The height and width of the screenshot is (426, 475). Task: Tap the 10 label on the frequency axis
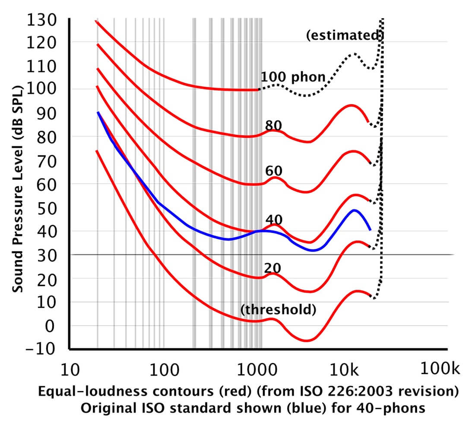[x=70, y=370]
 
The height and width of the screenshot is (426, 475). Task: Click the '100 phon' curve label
[x=293, y=77]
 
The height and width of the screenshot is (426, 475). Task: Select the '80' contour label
[x=273, y=125]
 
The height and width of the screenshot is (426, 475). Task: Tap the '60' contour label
[x=273, y=171]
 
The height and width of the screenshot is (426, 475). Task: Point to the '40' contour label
[x=274, y=219]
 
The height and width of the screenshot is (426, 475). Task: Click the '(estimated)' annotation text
[x=345, y=35]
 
